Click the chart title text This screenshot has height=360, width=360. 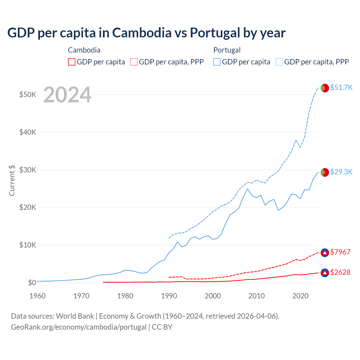click(146, 33)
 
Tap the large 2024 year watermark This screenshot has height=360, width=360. click(67, 95)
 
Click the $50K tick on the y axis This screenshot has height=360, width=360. click(28, 94)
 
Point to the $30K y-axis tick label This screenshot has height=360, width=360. click(28, 170)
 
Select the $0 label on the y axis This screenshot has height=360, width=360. click(32, 283)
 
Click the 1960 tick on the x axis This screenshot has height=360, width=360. click(37, 296)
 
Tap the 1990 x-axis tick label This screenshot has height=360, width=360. click(169, 296)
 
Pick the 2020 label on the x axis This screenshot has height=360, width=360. click(300, 296)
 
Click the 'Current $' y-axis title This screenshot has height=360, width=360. click(12, 180)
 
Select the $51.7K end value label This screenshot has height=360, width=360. click(341, 87)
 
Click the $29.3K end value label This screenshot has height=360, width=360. click(341, 172)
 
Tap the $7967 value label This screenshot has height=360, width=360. click(340, 252)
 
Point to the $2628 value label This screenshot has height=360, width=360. click(340, 272)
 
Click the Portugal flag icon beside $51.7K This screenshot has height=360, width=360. click(325, 88)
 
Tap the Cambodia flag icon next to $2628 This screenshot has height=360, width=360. click(325, 273)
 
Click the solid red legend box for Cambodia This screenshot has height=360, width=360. click(72, 62)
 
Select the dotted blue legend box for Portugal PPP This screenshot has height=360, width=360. click(279, 62)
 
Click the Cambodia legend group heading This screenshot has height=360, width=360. click(84, 50)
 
